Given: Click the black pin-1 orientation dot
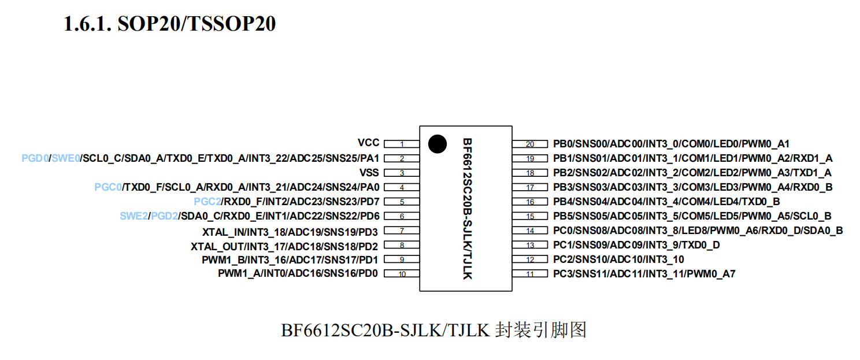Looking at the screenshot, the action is coord(438,144).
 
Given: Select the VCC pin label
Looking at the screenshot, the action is coord(368,143).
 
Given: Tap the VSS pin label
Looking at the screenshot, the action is coord(369,173).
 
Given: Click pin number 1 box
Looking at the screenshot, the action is coord(402,144).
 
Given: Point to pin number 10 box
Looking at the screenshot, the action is coord(402,274).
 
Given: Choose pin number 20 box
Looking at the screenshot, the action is coord(530,144).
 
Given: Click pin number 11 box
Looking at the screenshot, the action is coord(530,274).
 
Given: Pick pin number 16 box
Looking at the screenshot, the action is coord(530,202).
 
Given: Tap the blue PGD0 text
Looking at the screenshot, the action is coord(35,158).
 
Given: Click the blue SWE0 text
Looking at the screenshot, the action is coord(66,158).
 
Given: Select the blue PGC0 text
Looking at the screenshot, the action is coord(108,187).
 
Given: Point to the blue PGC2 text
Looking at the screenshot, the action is coord(207,202).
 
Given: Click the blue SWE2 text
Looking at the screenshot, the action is coord(134,216).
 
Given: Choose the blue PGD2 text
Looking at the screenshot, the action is coord(164,216).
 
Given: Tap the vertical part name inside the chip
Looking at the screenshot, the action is coord(467,209).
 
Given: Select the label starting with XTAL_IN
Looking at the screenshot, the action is coord(290,232).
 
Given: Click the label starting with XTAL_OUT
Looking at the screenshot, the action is coord(284,246).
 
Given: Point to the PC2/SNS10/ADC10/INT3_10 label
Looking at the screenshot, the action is coord(618,259).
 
